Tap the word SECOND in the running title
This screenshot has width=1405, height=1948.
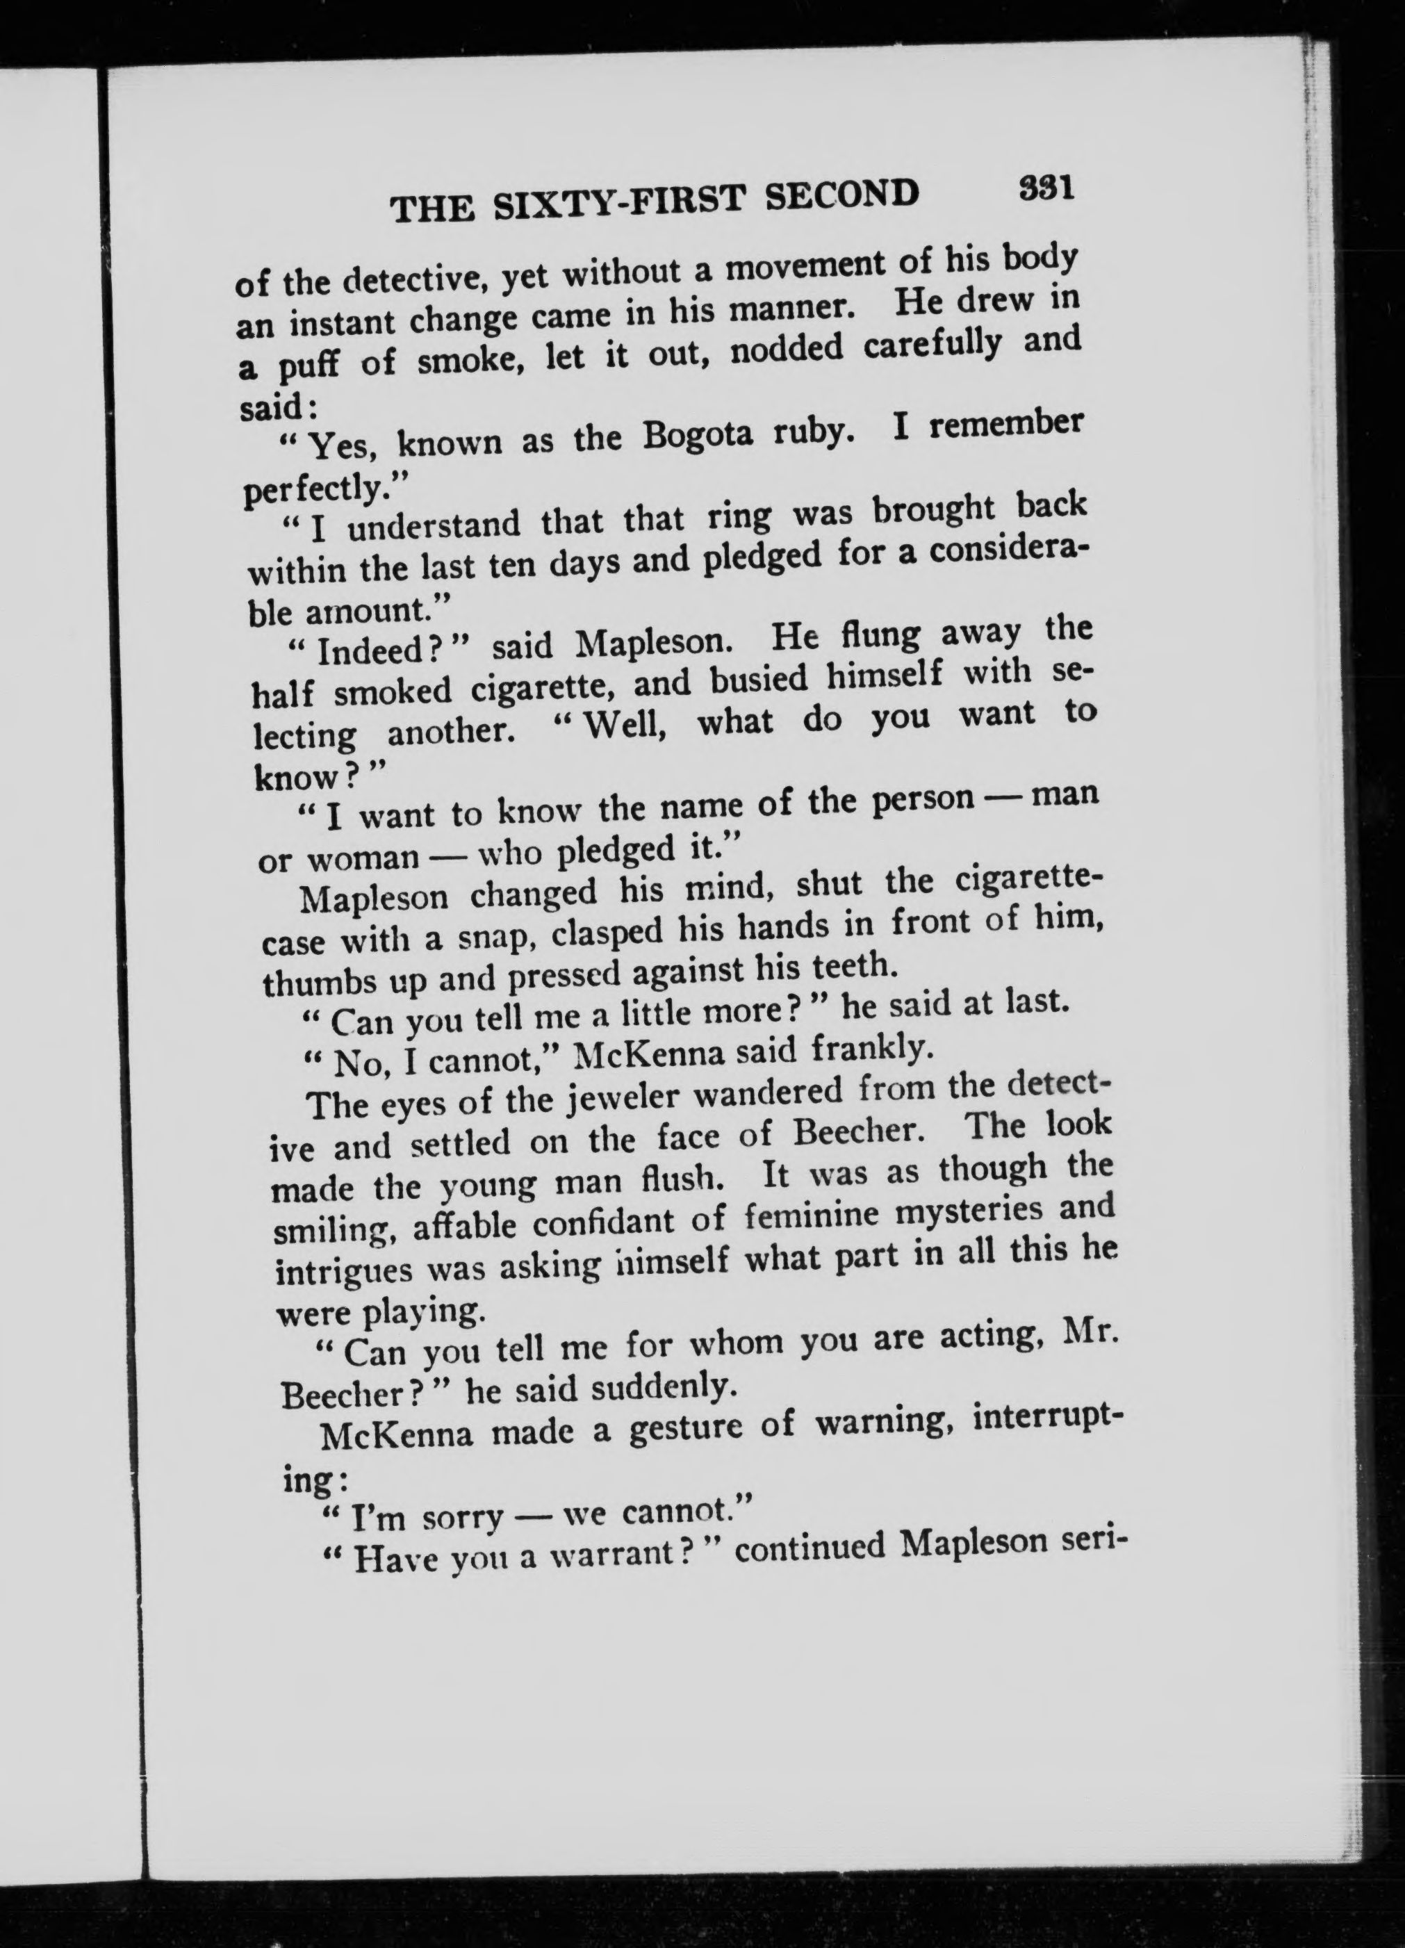pyautogui.click(x=841, y=195)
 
